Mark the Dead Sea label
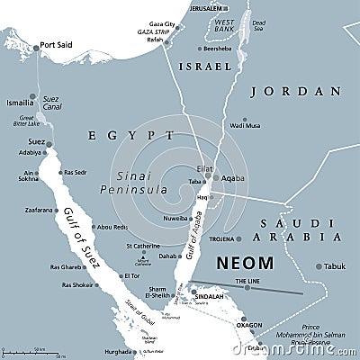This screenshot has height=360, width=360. (x=259, y=23)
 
